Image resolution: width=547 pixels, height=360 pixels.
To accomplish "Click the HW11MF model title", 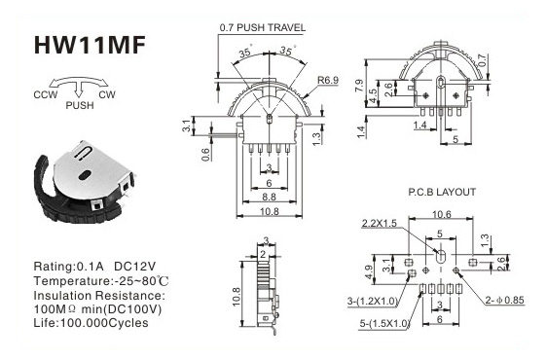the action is pyautogui.click(x=90, y=45).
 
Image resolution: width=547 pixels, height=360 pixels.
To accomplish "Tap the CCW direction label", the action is pyautogui.click(x=46, y=94).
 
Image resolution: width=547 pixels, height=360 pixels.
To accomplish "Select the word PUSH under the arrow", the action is pyautogui.click(x=80, y=105).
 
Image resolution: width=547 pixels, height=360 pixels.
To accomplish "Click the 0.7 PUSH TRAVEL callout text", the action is pyautogui.click(x=263, y=28).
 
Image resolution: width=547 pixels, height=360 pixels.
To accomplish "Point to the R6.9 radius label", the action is pyautogui.click(x=328, y=80).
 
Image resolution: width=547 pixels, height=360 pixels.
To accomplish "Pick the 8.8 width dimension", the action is pyautogui.click(x=269, y=198).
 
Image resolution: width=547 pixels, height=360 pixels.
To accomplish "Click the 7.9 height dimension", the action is pyautogui.click(x=359, y=86).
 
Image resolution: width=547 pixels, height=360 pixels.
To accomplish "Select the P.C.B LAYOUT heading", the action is pyautogui.click(x=442, y=192).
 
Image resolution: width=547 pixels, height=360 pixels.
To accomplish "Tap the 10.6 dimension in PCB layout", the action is pyautogui.click(x=441, y=214).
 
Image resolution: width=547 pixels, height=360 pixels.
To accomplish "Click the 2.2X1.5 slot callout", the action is pyautogui.click(x=380, y=223).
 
